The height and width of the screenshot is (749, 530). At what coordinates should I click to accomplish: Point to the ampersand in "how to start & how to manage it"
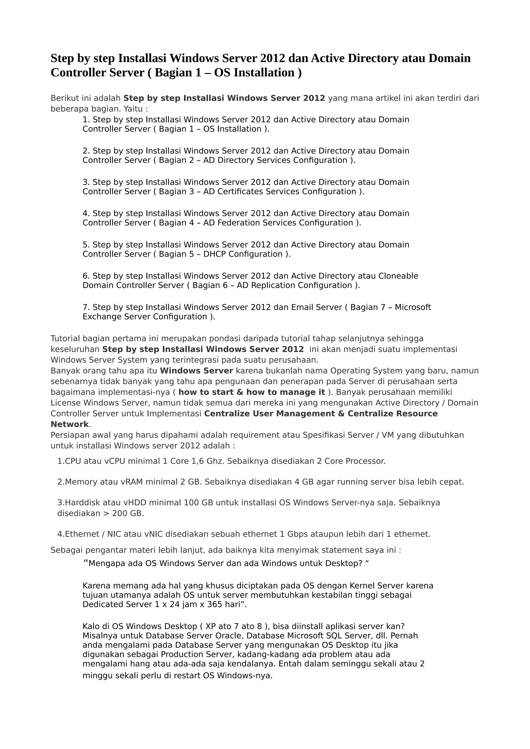pos(240,392)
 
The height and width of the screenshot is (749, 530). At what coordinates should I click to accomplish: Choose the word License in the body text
pos(65,403)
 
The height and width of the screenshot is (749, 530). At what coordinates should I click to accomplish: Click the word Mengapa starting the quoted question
pos(106,563)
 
